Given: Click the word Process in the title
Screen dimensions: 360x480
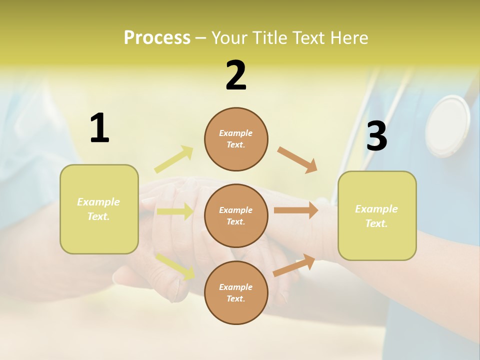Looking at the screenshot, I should pyautogui.click(x=157, y=37).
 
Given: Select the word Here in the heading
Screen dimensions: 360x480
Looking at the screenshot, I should pyautogui.click(x=346, y=37).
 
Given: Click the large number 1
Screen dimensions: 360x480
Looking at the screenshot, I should pyautogui.click(x=99, y=128).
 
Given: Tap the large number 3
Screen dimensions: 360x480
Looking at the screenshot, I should pyautogui.click(x=376, y=136).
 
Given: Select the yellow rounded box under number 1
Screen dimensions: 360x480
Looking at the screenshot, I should pyautogui.click(x=99, y=209).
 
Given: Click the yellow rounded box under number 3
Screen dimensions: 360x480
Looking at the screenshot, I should pyautogui.click(x=377, y=215).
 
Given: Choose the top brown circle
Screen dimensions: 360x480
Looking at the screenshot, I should pyautogui.click(x=236, y=139).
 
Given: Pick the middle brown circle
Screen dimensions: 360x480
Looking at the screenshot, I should pyautogui.click(x=236, y=215).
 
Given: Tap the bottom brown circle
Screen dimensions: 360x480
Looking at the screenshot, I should pyautogui.click(x=236, y=292).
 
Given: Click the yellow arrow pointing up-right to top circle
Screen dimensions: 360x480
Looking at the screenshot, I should pyautogui.click(x=174, y=159).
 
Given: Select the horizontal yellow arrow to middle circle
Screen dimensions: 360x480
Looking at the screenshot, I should pyautogui.click(x=175, y=211).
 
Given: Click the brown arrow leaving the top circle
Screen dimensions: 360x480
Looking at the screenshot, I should pyautogui.click(x=297, y=159).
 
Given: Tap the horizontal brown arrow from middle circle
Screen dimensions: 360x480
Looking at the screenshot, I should pyautogui.click(x=296, y=210).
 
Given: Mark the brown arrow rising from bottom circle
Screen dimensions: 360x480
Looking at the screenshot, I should pyautogui.click(x=294, y=265).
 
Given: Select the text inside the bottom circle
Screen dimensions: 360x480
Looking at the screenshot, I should pyautogui.click(x=236, y=292).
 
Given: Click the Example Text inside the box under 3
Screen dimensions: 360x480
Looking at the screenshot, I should pyautogui.click(x=376, y=216).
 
